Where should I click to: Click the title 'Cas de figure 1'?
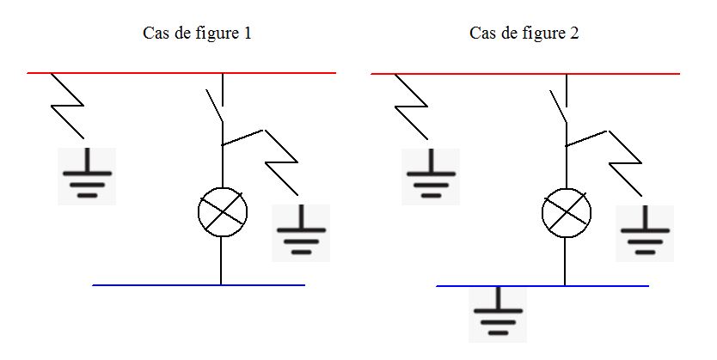pos(196,34)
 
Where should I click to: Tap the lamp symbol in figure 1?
pos(223,211)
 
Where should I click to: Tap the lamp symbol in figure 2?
pos(567,211)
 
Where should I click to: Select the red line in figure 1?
pos(129,73)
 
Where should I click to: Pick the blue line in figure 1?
pos(155,284)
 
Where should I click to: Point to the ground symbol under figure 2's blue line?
pos(498,314)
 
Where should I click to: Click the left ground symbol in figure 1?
pos(86,176)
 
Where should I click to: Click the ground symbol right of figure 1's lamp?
pos(301,233)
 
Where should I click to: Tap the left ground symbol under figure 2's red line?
pos(430,176)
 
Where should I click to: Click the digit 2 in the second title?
pos(573,34)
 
